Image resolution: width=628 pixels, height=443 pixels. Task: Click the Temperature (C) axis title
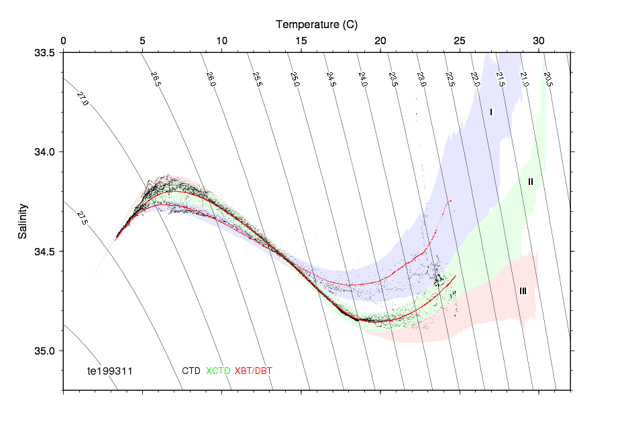tap(317, 25)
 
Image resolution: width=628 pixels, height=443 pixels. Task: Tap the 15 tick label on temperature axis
tap(301, 41)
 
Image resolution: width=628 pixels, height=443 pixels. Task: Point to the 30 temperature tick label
tap(539, 41)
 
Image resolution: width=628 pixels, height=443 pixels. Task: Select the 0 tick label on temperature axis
tap(63, 41)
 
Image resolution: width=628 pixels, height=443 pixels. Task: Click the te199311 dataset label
tap(111, 371)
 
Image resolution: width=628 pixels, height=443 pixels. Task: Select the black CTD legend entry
tap(191, 371)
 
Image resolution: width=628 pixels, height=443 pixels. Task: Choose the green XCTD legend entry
tap(218, 371)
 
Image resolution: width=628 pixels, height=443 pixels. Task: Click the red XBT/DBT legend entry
tap(254, 371)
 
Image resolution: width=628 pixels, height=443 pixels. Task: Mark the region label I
tap(491, 113)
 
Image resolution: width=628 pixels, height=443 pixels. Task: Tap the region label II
tap(530, 182)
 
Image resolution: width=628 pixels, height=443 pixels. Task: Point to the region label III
tap(523, 291)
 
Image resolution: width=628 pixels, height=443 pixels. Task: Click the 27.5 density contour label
tap(83, 218)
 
